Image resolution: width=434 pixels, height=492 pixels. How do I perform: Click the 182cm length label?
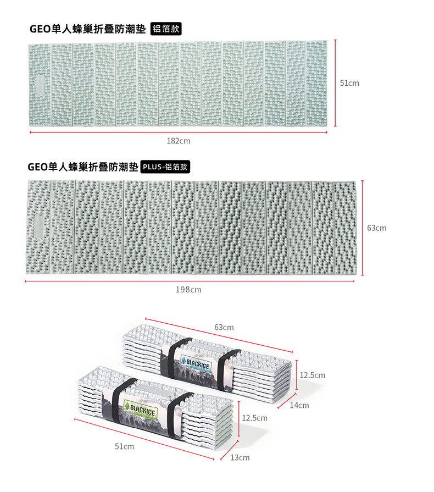point(179,141)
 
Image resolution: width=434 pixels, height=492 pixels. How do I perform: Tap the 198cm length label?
point(188,290)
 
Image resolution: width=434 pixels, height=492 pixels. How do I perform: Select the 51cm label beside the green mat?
point(349,83)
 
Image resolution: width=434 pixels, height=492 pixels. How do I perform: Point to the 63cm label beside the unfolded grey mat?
point(377,228)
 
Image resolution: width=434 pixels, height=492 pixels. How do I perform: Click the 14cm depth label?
point(299,405)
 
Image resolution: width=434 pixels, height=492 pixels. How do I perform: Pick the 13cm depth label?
point(240,457)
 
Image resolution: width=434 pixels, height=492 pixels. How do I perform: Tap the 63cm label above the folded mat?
point(224,327)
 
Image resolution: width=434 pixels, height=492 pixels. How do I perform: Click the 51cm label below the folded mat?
point(124,446)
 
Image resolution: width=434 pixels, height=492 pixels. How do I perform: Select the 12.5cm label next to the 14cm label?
point(313,375)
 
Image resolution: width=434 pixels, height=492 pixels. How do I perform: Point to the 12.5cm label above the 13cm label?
point(254,418)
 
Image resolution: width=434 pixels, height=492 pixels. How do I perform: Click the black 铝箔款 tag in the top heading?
point(166,29)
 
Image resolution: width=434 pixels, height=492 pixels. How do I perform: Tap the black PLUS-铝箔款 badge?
point(165,167)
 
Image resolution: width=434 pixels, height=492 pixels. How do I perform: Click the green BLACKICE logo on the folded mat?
point(141,410)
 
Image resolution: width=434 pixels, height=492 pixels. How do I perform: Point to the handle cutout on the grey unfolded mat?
point(38,226)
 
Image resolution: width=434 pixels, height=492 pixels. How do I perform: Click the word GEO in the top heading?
point(40,29)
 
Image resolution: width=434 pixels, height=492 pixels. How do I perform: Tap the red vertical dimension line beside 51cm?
point(335,83)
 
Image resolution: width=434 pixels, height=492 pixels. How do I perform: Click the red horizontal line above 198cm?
point(190,281)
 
